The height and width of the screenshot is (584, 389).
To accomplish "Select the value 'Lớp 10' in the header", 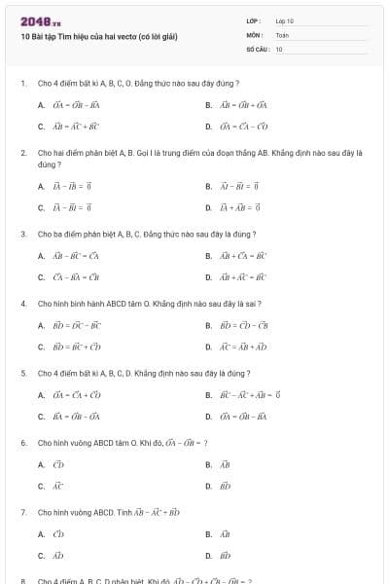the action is point(284,20).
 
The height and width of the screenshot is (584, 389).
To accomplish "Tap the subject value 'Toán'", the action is point(282,34).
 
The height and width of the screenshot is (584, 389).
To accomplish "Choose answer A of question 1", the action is point(69,105).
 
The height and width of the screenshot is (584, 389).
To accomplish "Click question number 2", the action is point(23,153).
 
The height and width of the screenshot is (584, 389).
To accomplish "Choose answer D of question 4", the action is point(237,347).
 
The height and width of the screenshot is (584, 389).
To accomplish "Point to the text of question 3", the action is point(146,235).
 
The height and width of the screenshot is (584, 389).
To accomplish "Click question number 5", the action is point(23,373).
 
